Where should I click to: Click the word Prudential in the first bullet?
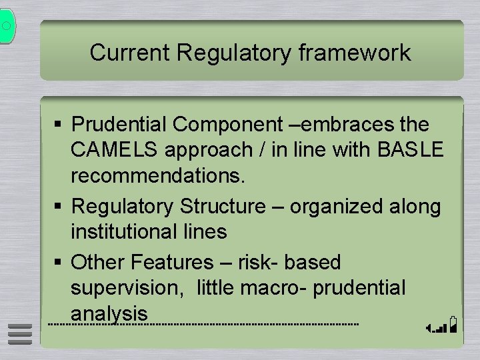coord(120,125)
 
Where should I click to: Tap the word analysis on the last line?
coord(109,313)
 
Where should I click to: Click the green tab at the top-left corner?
coord(7,27)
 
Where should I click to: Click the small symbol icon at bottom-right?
coord(443,325)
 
